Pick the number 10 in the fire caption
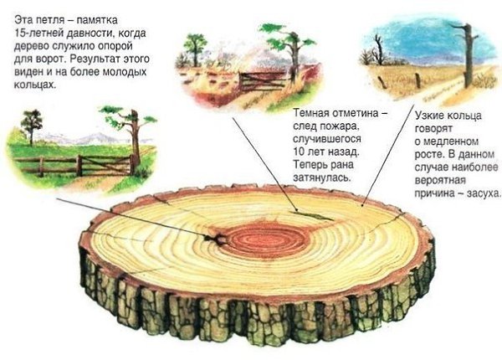tap(299, 152)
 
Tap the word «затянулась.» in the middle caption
tap(322, 177)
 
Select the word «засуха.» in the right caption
tap(482, 193)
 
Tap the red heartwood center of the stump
tap(269, 239)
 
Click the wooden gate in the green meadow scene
tap(105, 165)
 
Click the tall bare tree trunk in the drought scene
tap(467, 55)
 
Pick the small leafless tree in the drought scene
tap(378, 50)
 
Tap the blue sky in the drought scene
tap(423, 39)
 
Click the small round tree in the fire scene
tap(195, 49)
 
